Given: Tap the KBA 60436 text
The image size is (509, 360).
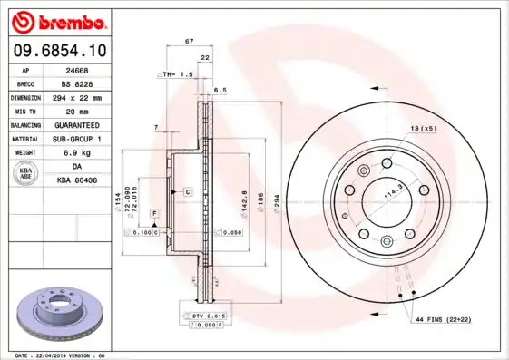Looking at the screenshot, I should [78, 180].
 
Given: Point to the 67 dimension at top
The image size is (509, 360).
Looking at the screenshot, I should [188, 43].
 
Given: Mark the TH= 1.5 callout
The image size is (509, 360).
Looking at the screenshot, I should [178, 74].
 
